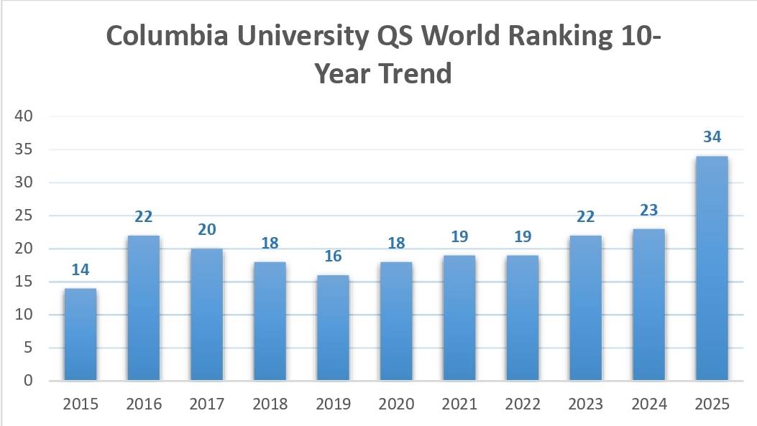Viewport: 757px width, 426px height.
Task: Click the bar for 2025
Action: point(712,268)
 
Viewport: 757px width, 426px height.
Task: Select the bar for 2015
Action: point(81,334)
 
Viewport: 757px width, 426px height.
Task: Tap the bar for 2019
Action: point(333,328)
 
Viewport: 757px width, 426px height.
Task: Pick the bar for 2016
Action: point(144,307)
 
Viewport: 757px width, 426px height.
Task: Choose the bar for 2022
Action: point(522,318)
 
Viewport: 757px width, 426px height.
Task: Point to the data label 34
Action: point(712,137)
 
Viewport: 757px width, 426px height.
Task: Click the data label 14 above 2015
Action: point(81,270)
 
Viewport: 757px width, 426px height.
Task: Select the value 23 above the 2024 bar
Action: point(648,210)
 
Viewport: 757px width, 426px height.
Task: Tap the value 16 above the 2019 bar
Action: point(333,256)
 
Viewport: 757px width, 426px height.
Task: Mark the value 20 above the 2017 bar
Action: point(207,230)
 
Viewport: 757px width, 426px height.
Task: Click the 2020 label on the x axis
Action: point(396,404)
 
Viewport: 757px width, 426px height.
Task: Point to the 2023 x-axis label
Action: point(585,404)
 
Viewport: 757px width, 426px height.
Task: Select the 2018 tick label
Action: point(270,404)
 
